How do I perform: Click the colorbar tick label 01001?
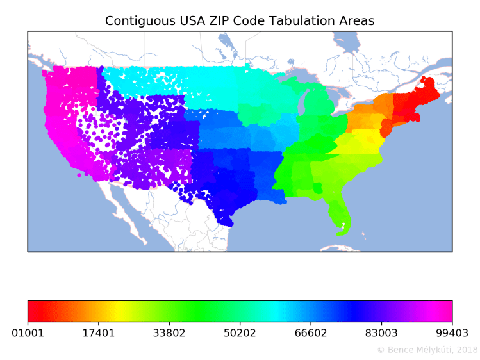(x=28, y=333)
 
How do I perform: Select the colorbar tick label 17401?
(x=98, y=333)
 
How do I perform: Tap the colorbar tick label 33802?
(x=169, y=333)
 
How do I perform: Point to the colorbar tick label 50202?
(x=240, y=333)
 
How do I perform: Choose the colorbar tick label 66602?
(x=310, y=333)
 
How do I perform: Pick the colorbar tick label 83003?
(x=381, y=333)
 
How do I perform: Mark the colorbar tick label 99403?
(x=452, y=333)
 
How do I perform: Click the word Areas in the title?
(x=357, y=21)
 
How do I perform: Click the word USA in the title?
(x=183, y=21)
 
